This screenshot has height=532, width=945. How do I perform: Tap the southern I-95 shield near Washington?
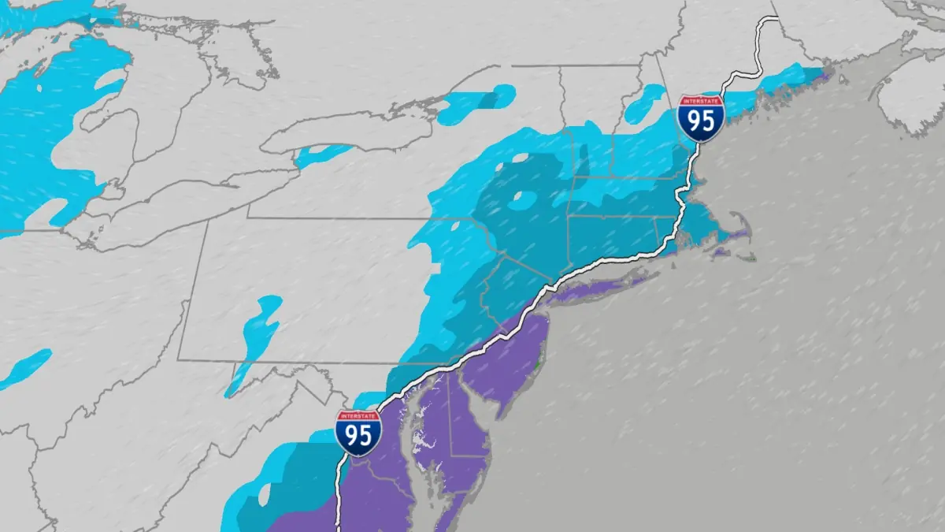pos(358,433)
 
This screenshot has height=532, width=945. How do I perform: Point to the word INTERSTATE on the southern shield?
pos(358,416)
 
